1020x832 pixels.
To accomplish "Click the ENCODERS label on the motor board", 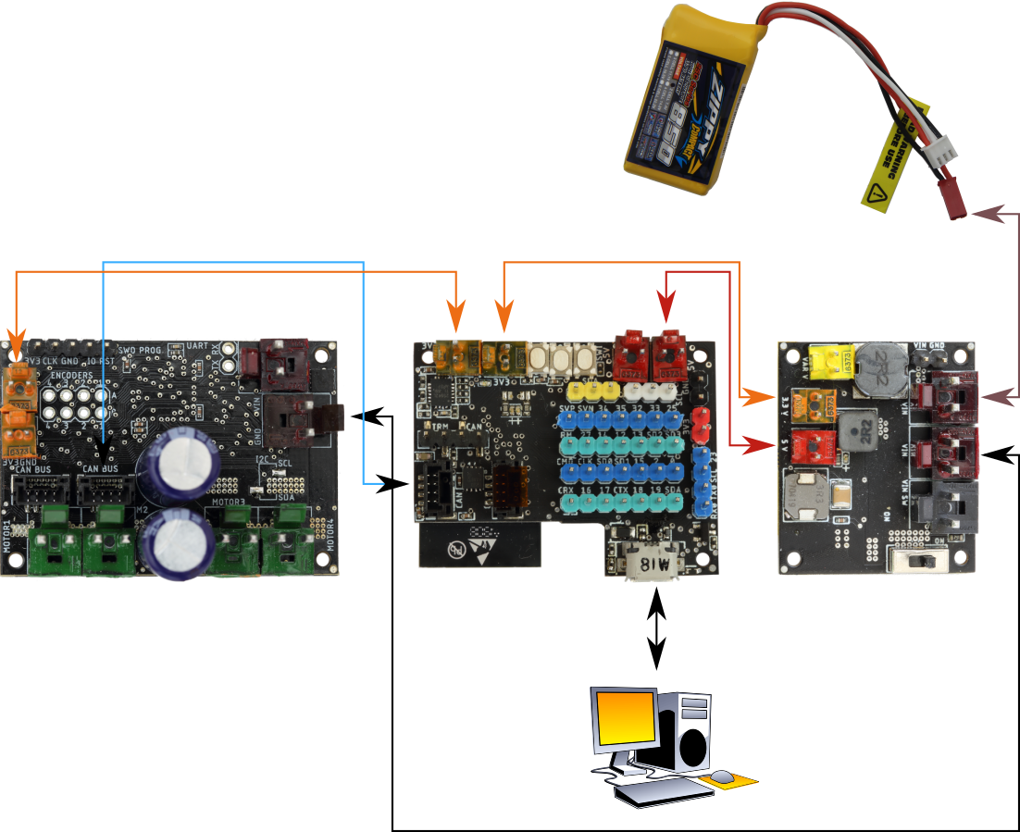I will (x=71, y=376).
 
